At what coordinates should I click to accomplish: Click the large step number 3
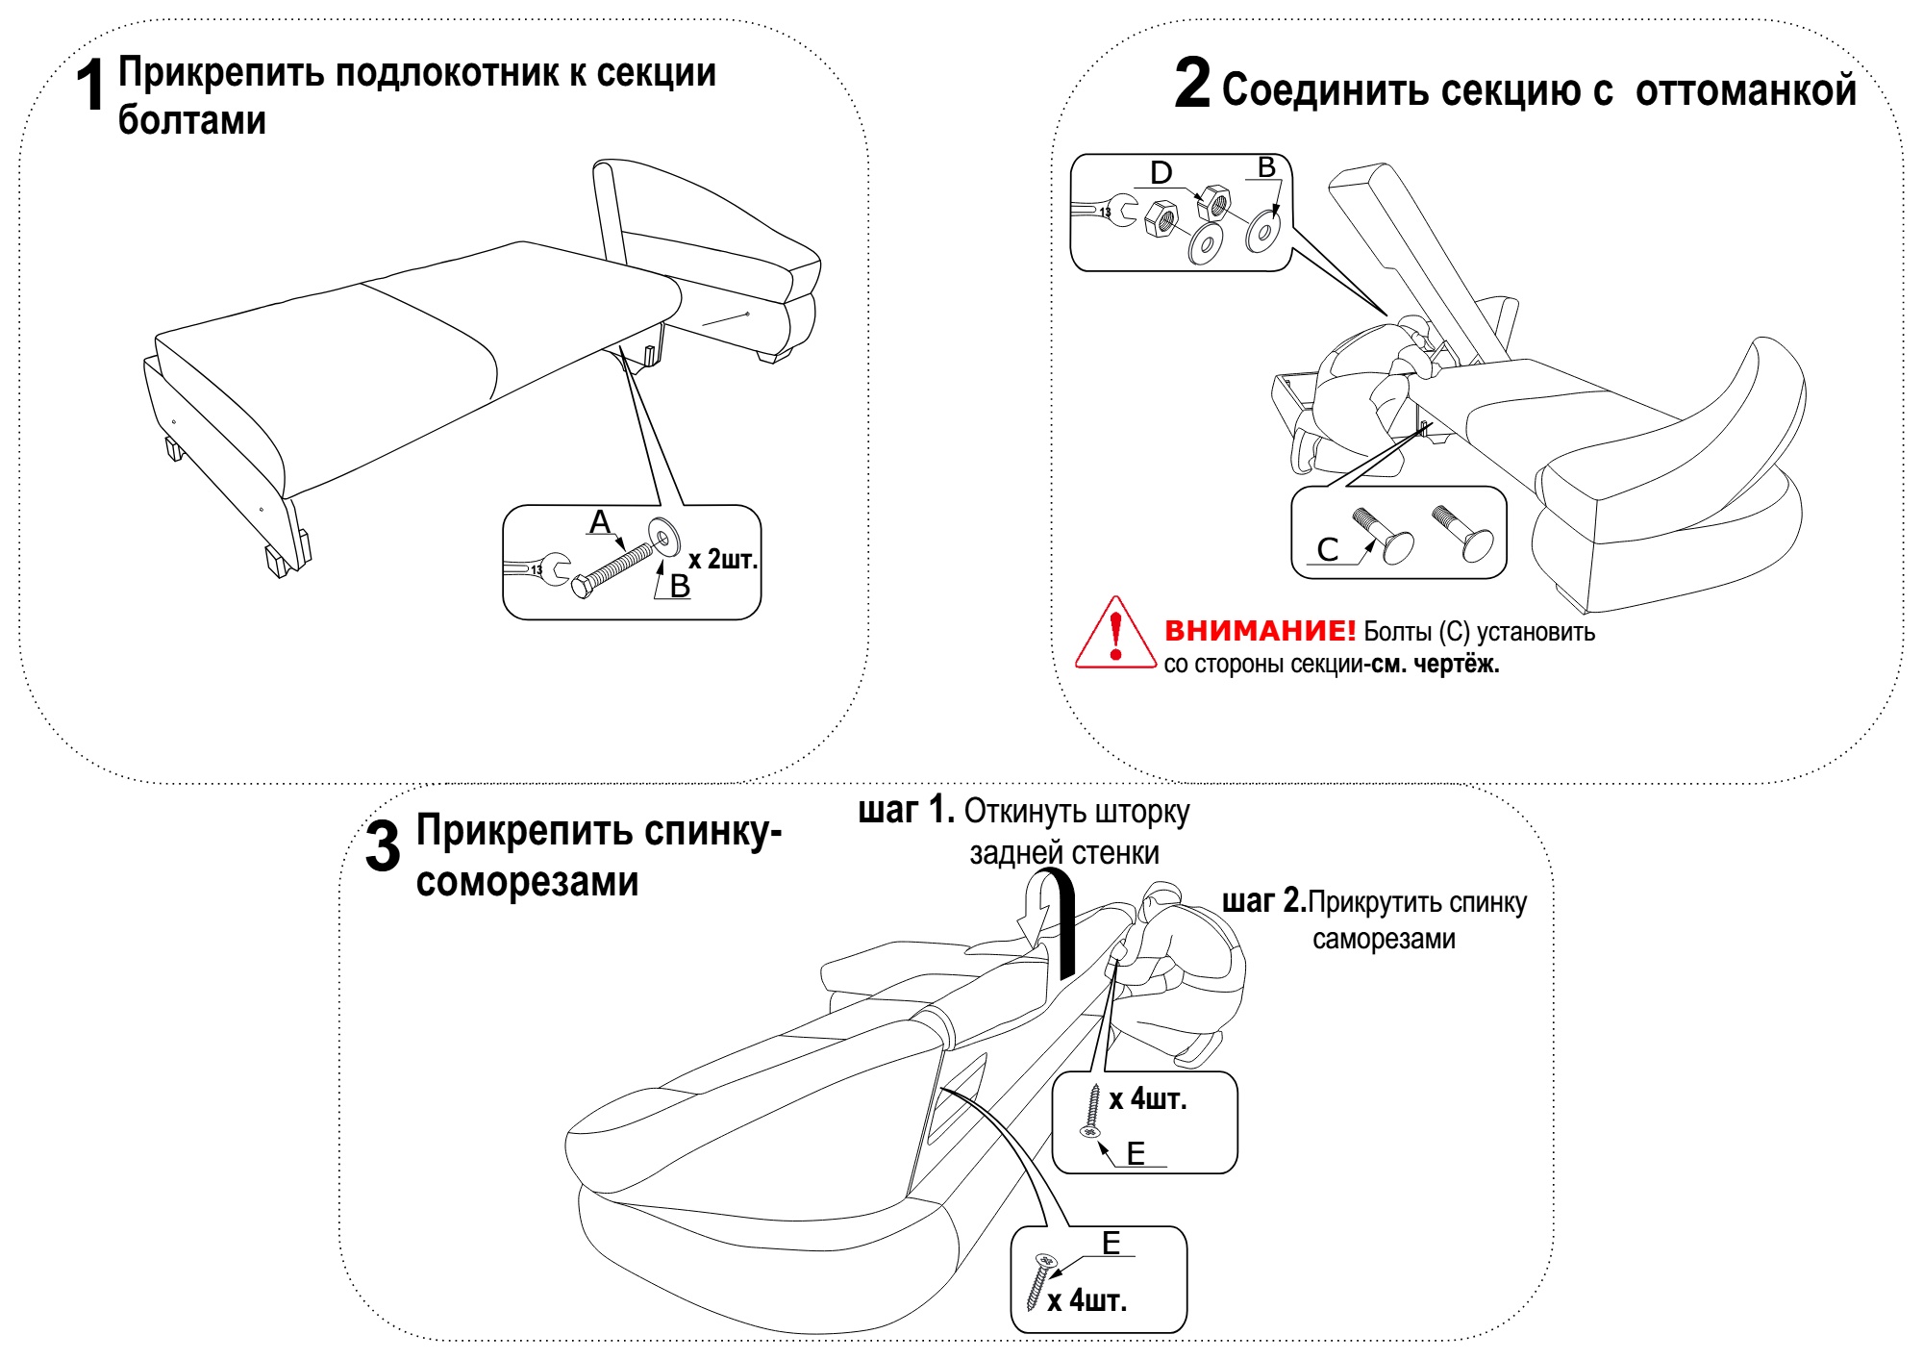pos(383,846)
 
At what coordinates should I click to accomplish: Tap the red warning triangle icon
pos(1115,635)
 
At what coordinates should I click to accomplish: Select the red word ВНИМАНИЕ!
pos(1260,631)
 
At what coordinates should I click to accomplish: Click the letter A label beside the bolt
pos(600,522)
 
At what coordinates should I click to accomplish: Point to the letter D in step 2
pos(1161,173)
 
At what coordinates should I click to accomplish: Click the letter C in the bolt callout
pos(1328,550)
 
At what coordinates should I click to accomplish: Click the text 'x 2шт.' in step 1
pos(723,559)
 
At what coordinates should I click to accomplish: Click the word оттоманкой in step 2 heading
pos(1746,90)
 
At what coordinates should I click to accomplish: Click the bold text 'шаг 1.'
pos(906,811)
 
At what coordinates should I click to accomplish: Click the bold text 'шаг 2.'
pos(1263,901)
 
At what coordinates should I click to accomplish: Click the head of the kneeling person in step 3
pos(1161,904)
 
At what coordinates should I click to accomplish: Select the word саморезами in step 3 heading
pos(527,882)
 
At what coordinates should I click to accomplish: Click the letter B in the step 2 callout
pos(1267,168)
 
